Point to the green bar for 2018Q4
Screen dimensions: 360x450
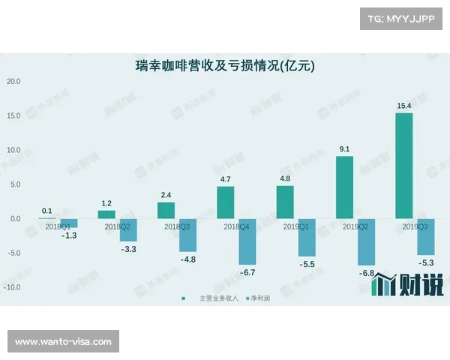coord(226,202)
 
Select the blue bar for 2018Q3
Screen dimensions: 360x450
coord(187,235)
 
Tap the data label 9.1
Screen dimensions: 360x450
coord(344,149)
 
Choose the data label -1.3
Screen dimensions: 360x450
coord(69,235)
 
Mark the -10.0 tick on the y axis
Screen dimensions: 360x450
coord(12,287)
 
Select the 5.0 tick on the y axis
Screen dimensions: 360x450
coord(15,184)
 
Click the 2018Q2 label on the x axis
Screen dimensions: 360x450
coord(118,226)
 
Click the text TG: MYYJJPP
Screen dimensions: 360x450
coord(401,19)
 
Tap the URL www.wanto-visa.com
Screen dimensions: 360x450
coord(63,342)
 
